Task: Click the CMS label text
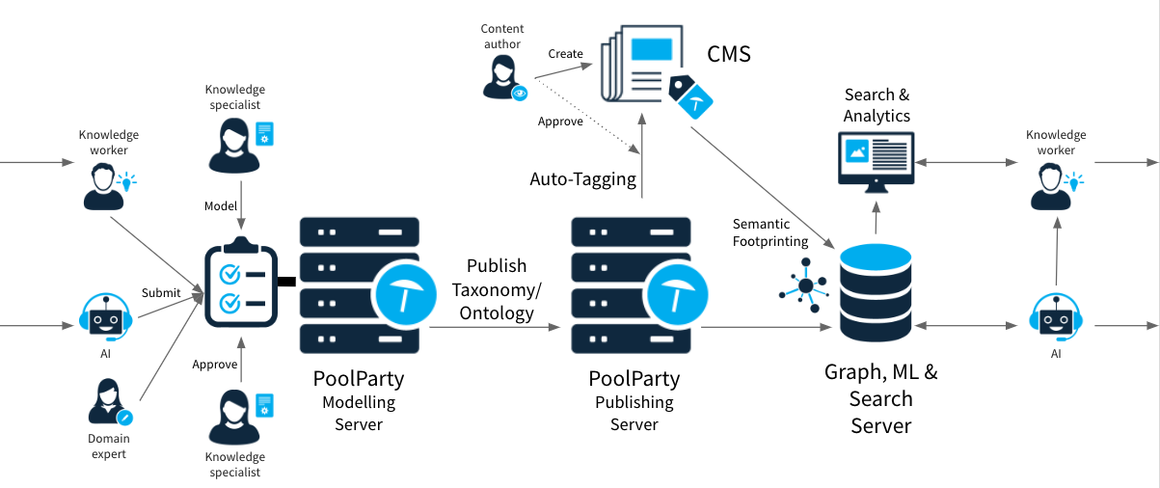click(729, 53)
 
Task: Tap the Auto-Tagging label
click(583, 178)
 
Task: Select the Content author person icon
click(503, 76)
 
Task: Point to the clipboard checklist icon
click(240, 286)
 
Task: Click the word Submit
click(161, 292)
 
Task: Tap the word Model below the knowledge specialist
click(221, 206)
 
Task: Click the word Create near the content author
click(566, 53)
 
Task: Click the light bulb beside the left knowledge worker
click(126, 180)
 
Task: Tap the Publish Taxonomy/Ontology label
click(498, 288)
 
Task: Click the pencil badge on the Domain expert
click(124, 417)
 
